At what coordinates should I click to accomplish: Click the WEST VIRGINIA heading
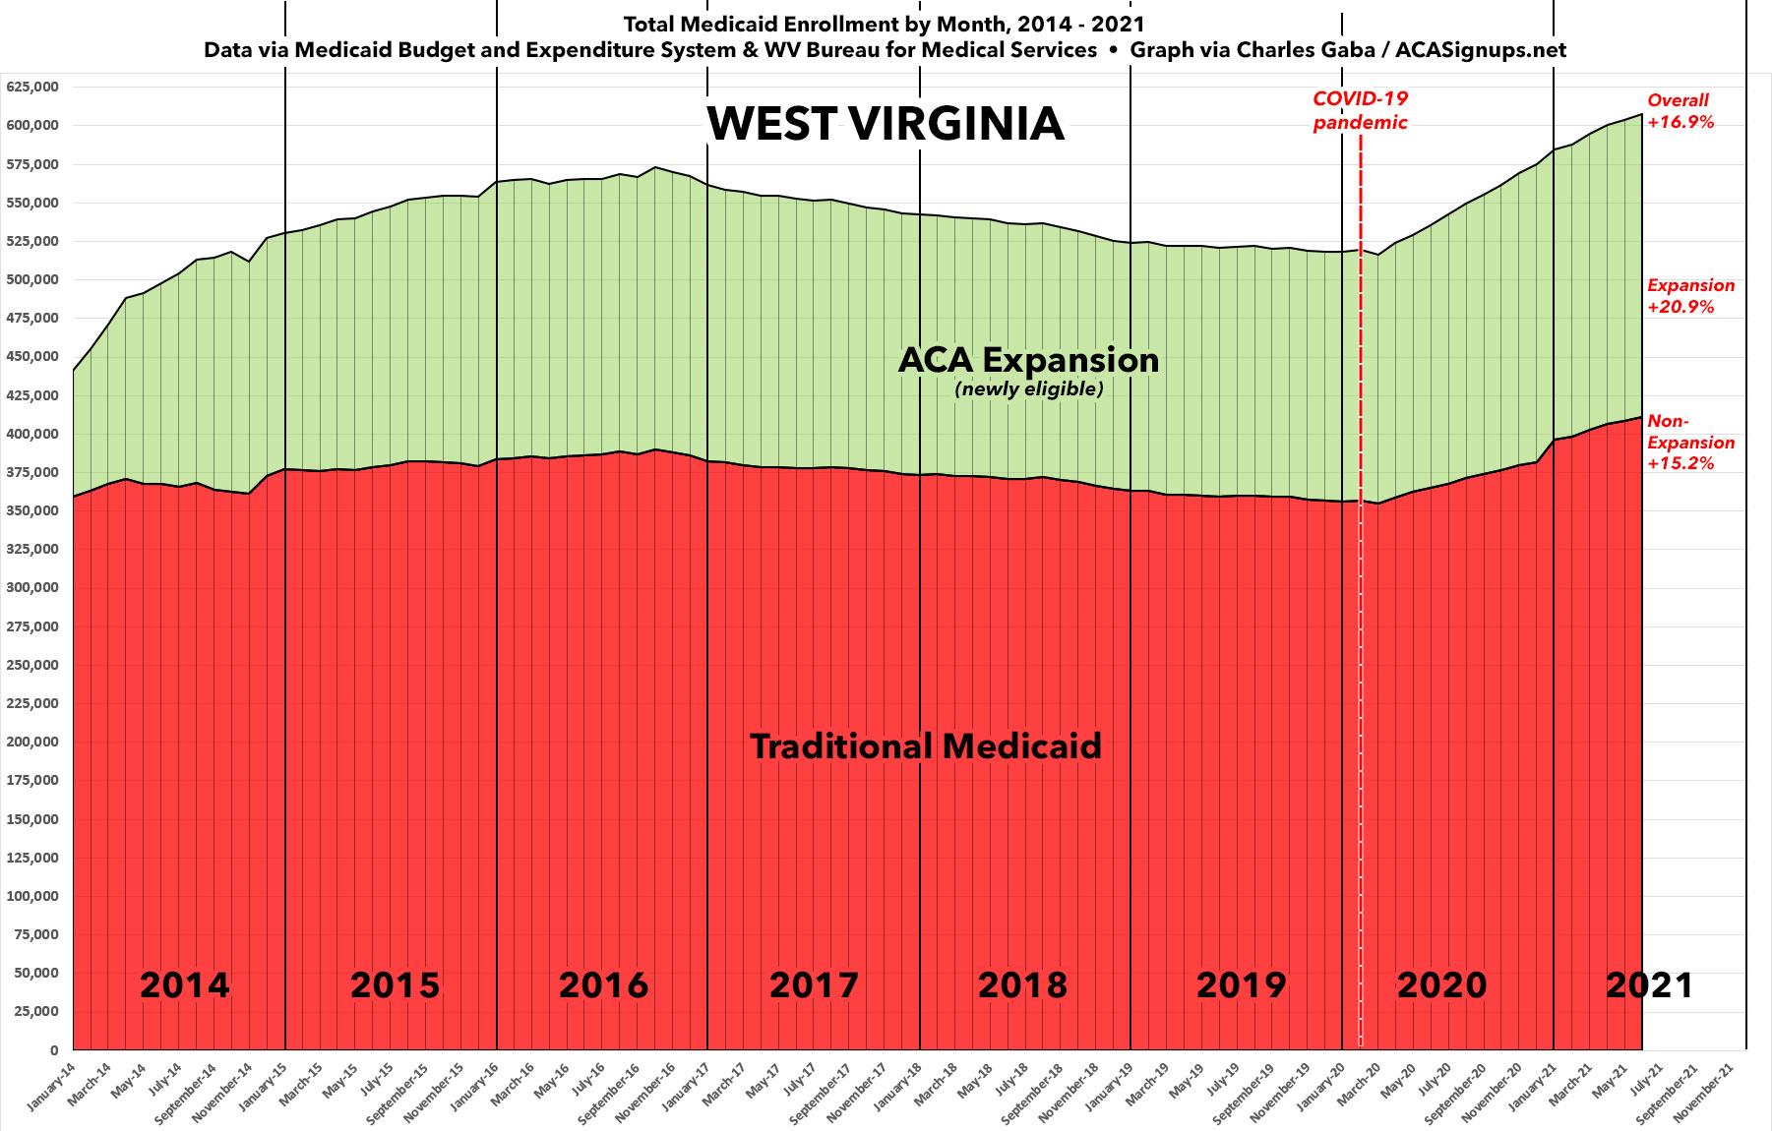coord(886,124)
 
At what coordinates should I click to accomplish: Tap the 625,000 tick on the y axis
coord(33,87)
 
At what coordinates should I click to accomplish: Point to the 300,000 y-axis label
coord(33,587)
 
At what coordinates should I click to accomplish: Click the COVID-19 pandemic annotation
coord(1361,110)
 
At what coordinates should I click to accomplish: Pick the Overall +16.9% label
coord(1680,111)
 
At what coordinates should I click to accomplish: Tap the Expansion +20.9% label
coord(1691,296)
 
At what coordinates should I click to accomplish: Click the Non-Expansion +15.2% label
coord(1690,443)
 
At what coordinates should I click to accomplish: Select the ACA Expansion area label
coord(1028,360)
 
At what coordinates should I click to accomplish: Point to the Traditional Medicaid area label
coord(926,746)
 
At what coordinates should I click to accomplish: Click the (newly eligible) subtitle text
coord(1029,389)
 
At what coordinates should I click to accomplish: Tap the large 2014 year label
coord(185,984)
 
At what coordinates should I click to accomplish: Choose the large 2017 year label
coord(814,984)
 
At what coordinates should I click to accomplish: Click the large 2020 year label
coord(1441,984)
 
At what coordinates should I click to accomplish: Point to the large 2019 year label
coord(1241,984)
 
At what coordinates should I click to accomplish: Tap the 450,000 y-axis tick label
coord(33,356)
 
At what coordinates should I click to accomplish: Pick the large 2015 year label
coord(395,984)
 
